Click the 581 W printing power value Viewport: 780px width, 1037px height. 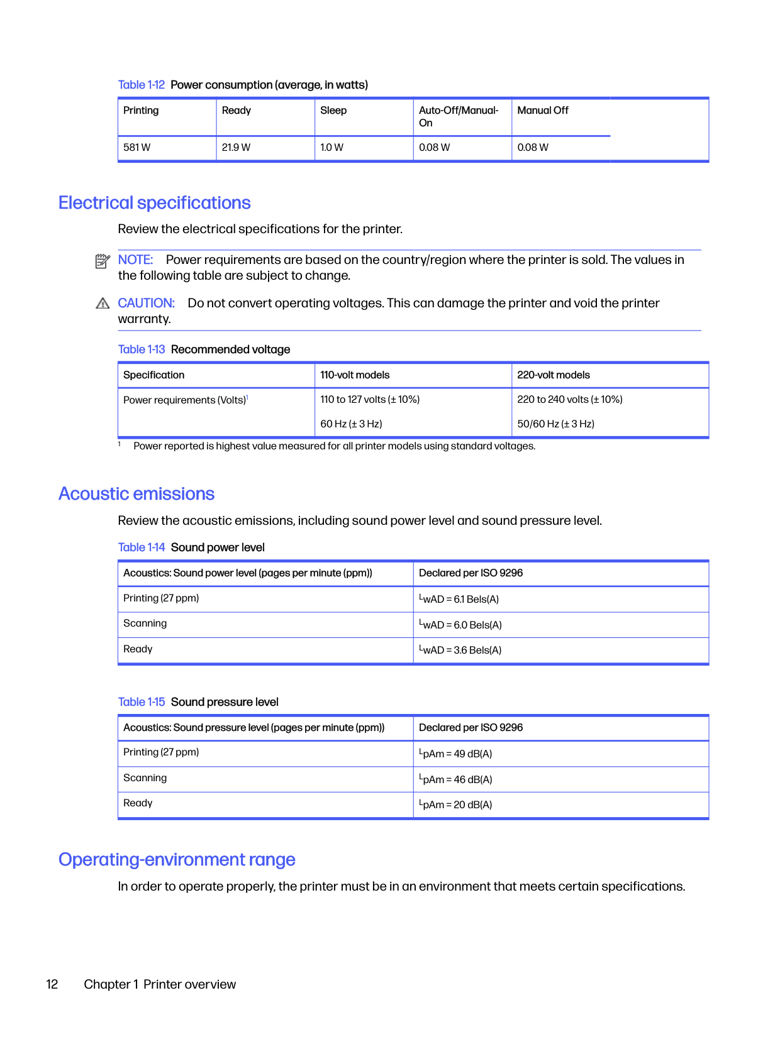[x=137, y=148]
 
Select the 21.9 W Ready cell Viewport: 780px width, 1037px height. [x=236, y=148]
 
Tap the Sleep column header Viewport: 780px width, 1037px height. [x=333, y=111]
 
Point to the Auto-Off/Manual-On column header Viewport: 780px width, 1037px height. [x=459, y=116]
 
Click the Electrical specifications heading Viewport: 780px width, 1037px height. [x=155, y=203]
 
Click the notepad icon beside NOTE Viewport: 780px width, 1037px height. [x=103, y=261]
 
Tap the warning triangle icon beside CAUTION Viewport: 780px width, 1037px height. [x=103, y=304]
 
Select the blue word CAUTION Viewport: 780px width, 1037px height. [x=146, y=304]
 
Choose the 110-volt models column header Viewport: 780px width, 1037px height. [x=355, y=375]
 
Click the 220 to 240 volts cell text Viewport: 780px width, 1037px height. [x=569, y=400]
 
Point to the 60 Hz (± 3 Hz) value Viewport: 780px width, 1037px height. [x=351, y=424]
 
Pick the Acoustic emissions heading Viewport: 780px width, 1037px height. [x=136, y=494]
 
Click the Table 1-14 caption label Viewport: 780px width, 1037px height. [x=142, y=547]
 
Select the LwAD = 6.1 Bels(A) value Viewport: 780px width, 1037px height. [x=459, y=599]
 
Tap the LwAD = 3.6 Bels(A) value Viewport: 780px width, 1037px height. [x=460, y=650]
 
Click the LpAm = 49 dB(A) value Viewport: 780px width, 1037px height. [x=455, y=754]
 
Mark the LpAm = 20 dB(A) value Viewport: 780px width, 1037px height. [x=455, y=804]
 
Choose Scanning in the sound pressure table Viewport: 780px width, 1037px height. [x=145, y=778]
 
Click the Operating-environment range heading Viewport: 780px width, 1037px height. [x=177, y=860]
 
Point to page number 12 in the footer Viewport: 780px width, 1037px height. [x=52, y=984]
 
